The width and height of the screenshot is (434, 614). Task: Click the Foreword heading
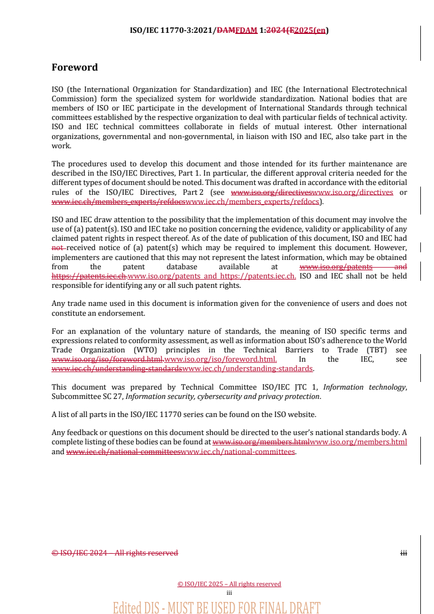(74, 67)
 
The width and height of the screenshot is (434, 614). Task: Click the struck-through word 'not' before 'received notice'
(58, 247)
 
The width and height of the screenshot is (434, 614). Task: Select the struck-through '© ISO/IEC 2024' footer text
(79, 553)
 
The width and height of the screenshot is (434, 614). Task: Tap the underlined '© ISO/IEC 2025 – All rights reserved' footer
(229, 584)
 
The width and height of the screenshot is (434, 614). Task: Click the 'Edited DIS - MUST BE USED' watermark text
(216, 607)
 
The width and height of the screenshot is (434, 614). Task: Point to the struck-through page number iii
(403, 553)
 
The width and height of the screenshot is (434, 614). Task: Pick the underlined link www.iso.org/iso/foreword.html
(221, 359)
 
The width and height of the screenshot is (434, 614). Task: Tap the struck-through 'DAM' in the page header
(226, 31)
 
